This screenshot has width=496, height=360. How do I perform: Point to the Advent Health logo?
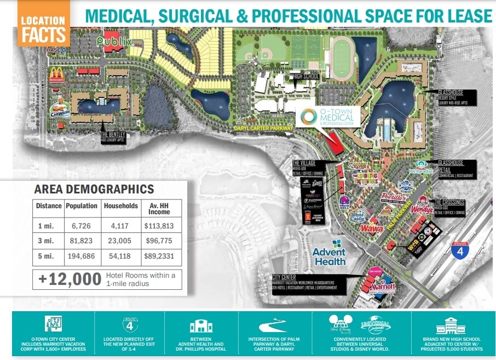click(x=329, y=253)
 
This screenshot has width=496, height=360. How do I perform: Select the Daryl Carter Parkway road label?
click(x=260, y=127)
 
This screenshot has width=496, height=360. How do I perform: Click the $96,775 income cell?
click(x=159, y=240)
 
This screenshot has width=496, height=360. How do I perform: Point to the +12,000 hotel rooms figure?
click(x=70, y=279)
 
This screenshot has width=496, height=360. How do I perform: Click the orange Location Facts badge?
click(x=43, y=24)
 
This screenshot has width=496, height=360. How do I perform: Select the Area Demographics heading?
click(x=94, y=190)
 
